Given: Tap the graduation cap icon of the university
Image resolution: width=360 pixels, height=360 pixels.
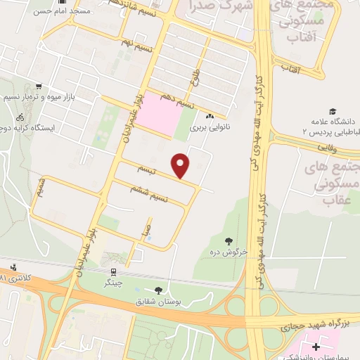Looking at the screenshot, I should pyautogui.click(x=332, y=111).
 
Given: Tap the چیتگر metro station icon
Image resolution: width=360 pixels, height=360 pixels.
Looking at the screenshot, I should pyautogui.click(x=112, y=271).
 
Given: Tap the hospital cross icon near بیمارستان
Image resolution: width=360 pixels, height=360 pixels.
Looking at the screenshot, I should pyautogui.click(x=316, y=347).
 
